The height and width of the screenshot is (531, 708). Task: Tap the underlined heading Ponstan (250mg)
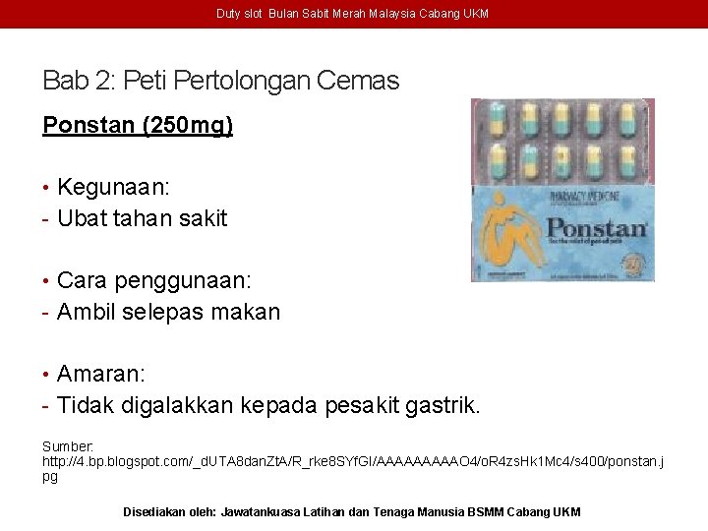[138, 126]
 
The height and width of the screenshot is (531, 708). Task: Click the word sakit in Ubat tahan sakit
[203, 218]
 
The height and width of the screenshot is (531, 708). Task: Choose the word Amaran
[99, 374]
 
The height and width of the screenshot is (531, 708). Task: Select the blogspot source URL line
[352, 461]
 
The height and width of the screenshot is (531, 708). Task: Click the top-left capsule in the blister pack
[490, 122]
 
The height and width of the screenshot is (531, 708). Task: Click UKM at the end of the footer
[567, 512]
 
